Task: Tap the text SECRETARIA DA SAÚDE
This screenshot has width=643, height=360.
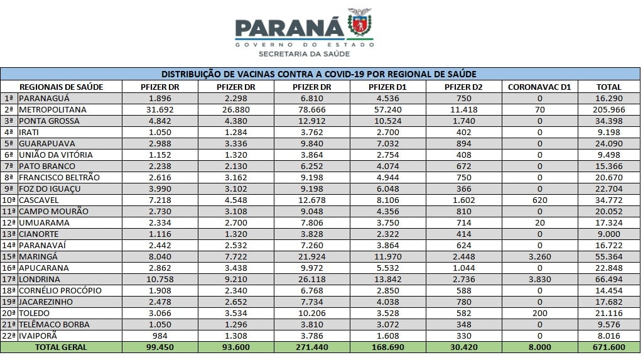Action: pos(305,54)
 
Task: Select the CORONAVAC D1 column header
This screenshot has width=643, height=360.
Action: pos(539,87)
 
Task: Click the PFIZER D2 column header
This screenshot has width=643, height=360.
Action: pos(463,87)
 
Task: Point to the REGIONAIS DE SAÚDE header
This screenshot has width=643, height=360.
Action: pos(61,87)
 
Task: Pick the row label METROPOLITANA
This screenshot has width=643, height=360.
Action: pos(53,109)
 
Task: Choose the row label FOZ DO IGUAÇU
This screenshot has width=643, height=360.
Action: pos(50,189)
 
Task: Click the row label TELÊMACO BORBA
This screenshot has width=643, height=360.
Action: pos(54,324)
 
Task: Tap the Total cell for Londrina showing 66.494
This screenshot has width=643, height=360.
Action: pos(609,279)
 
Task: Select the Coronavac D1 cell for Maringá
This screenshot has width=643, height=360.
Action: pos(539,256)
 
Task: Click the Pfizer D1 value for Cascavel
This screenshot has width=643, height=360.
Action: pos(387,200)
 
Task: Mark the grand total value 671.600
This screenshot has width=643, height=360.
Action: pos(609,347)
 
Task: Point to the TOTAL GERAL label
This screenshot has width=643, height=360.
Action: pos(61,347)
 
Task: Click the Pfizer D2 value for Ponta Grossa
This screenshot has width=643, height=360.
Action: pos(463,121)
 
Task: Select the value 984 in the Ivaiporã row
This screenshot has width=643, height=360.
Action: pos(160,335)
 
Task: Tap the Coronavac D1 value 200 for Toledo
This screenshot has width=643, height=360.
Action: pos(539,314)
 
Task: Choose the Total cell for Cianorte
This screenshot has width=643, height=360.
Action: pos(609,234)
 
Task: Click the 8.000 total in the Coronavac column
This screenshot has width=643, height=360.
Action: pos(539,347)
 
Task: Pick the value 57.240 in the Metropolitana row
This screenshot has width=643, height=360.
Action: pos(387,109)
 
